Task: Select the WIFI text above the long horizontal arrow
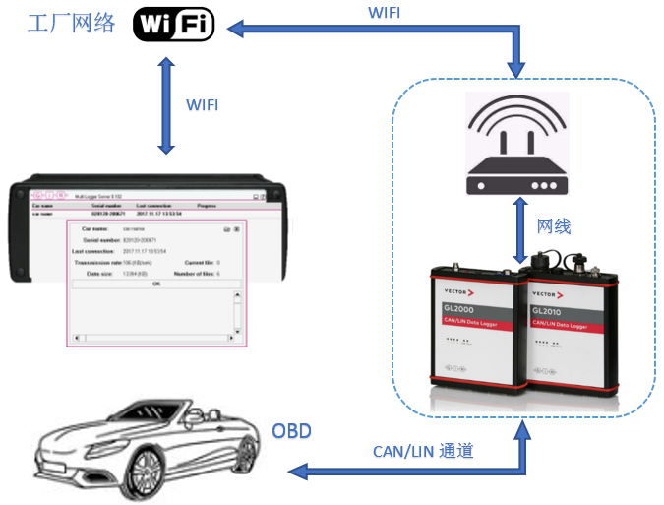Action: [x=386, y=13]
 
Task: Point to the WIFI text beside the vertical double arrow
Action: [x=203, y=104]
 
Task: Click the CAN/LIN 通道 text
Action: [x=423, y=451]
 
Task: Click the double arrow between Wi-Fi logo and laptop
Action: [x=165, y=104]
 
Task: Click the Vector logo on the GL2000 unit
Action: [x=457, y=292]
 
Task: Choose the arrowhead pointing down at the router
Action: [x=516, y=68]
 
